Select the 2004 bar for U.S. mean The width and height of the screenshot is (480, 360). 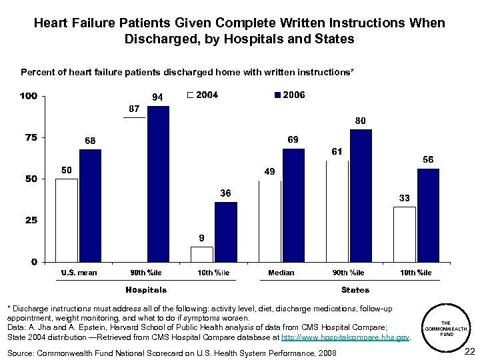[67, 220]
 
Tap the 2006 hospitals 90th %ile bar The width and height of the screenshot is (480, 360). [158, 183]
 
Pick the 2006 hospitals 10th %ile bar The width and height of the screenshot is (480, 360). [225, 231]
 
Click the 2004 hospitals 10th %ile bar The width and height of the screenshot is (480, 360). [202, 254]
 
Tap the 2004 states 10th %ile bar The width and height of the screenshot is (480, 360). [405, 234]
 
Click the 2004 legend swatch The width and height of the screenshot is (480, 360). [191, 95]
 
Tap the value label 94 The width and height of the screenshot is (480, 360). [158, 97]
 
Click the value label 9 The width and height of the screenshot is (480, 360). [202, 238]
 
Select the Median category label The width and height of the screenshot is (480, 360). [281, 273]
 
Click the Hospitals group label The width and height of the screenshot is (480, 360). [146, 290]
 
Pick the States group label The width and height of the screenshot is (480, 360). [355, 290]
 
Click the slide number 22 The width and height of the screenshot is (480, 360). [469, 351]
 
